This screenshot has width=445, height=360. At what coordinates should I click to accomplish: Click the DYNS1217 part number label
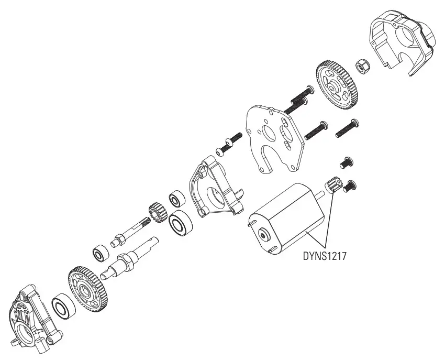(326, 257)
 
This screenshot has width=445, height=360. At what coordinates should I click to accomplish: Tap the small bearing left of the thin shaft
(98, 254)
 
